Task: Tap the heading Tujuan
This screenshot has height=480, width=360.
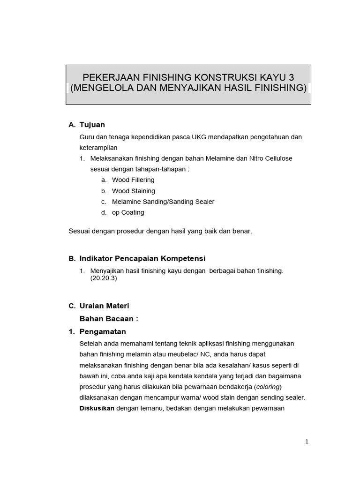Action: click(x=92, y=125)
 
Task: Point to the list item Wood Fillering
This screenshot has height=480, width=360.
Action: click(x=133, y=180)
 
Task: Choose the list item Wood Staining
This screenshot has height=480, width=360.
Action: click(x=134, y=191)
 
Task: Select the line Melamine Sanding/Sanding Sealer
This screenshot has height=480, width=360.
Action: click(x=163, y=202)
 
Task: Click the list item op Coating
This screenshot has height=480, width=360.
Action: click(x=128, y=212)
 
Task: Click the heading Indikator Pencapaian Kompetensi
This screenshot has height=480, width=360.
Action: click(x=142, y=259)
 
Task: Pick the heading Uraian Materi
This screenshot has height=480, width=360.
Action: click(x=104, y=306)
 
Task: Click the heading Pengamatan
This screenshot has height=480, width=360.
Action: click(x=103, y=332)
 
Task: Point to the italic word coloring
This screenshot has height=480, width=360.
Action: click(x=268, y=387)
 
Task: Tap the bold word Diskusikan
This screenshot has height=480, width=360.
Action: click(x=97, y=408)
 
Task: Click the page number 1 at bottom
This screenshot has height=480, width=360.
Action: click(x=307, y=441)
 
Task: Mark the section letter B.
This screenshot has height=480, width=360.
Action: click(x=72, y=259)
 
